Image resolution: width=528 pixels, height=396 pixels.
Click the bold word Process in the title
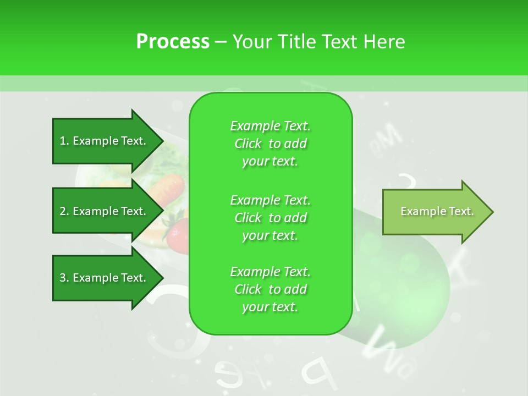coord(173,42)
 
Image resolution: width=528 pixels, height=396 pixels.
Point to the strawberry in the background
coord(175,234)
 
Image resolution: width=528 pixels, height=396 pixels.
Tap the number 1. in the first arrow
coord(64,141)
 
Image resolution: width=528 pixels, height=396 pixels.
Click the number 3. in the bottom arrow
coord(64,278)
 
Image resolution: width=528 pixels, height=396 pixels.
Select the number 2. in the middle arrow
coord(64,211)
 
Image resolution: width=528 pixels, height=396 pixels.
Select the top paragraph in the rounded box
coord(270,144)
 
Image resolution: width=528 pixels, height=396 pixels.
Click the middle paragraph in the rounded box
coord(270,217)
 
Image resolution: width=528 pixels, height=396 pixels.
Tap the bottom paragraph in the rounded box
coord(270,289)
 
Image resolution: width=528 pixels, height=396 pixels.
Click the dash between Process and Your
coord(221,42)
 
